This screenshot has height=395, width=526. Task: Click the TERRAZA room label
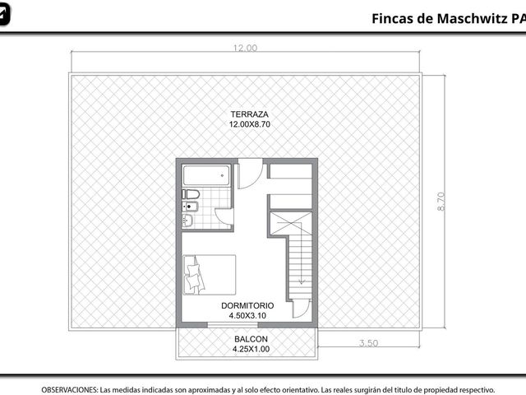(x=249, y=114)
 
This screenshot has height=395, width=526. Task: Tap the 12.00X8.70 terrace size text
(x=249, y=124)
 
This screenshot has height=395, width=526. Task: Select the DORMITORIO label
(x=247, y=305)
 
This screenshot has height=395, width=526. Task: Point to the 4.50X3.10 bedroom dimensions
(x=247, y=315)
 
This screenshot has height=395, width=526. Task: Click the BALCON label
(x=251, y=339)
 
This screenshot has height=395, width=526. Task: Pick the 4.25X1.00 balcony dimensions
(x=251, y=349)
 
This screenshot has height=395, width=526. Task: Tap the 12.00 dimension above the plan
(x=245, y=48)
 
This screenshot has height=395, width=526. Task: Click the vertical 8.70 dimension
(x=441, y=201)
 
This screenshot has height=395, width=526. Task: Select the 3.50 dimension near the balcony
(x=368, y=343)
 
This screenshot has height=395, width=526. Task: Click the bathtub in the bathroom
(x=206, y=175)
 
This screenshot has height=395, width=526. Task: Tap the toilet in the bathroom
(x=191, y=194)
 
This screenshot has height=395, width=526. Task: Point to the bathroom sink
(x=187, y=221)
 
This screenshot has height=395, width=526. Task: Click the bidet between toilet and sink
(x=190, y=207)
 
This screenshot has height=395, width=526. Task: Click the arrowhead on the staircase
(x=302, y=281)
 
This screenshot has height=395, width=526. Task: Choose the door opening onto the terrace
(x=250, y=174)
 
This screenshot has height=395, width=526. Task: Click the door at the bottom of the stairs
(x=301, y=309)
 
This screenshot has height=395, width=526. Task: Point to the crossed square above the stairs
(x=291, y=223)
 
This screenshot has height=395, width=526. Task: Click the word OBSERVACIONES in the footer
(x=70, y=390)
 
